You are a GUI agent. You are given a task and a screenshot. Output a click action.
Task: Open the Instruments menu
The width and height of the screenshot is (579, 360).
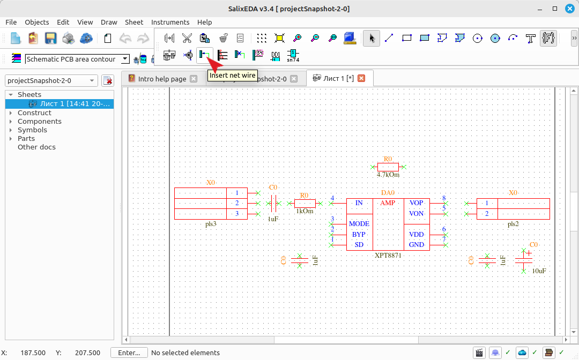pos(170,22)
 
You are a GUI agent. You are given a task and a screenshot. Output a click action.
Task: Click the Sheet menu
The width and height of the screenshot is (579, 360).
pos(134,22)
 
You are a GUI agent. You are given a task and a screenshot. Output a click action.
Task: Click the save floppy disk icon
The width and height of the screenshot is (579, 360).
pos(50,39)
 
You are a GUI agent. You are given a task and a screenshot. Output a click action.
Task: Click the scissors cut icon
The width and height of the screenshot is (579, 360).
pos(187,38)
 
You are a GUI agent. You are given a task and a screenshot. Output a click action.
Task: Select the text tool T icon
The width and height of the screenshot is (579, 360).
pos(531,39)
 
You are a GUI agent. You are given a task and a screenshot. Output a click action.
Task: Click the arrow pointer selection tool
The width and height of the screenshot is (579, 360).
pos(372,39)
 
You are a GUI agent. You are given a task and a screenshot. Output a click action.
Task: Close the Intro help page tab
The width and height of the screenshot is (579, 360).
pos(194,79)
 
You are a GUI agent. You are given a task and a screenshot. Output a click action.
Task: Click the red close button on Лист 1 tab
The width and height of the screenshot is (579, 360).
pos(361,78)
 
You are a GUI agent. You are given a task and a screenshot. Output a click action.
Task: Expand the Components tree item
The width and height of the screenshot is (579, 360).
pos(11,122)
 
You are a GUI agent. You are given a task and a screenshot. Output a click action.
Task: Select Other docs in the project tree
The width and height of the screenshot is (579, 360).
pos(36,147)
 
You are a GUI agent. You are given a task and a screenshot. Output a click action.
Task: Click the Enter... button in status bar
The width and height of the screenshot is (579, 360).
pos(129,352)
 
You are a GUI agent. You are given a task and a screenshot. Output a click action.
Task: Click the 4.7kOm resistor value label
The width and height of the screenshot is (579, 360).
pos(388,175)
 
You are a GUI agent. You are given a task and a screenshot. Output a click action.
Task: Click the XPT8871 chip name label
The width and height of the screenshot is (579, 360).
pos(388,255)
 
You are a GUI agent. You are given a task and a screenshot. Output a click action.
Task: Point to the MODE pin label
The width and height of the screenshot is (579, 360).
pos(359,224)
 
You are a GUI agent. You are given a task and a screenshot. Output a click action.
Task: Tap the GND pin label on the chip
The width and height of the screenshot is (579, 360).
pos(416,245)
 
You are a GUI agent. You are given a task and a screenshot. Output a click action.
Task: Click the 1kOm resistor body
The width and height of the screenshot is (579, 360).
pos(305,203)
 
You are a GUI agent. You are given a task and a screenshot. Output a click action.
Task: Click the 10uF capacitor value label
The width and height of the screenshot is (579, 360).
pos(539,271)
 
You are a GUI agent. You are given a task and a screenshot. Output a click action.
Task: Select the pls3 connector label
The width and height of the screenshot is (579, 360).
pos(211,224)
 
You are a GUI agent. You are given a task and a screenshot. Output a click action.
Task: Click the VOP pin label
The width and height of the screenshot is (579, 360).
pos(416,203)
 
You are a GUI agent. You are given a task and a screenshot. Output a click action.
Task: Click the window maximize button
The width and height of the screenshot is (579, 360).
pos(555,9)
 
